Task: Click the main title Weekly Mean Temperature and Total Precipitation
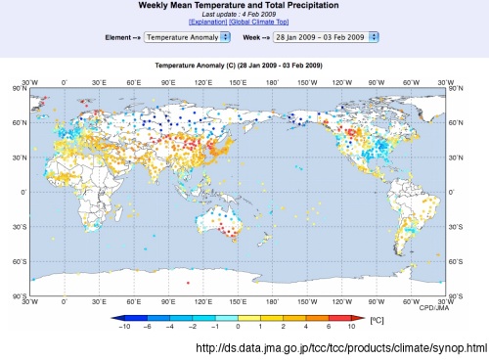[244, 6]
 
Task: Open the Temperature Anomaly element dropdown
[187, 37]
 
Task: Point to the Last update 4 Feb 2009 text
[244, 14]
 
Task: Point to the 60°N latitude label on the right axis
[455, 123]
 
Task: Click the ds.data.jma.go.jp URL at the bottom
[341, 348]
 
